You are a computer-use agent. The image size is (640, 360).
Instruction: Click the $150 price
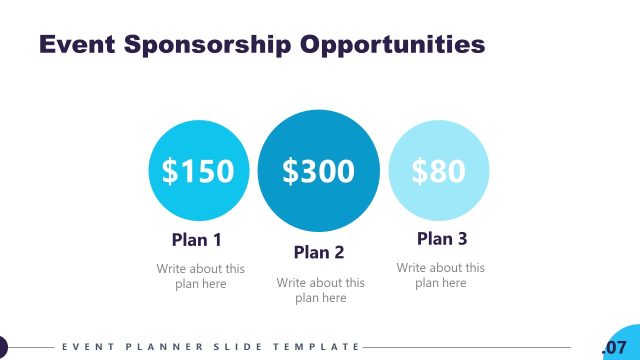pyautogui.click(x=198, y=171)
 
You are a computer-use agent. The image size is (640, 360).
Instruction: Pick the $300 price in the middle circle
pyautogui.click(x=319, y=171)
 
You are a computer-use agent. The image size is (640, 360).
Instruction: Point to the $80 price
pyautogui.click(x=439, y=171)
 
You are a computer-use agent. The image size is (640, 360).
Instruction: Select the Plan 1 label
pyautogui.click(x=196, y=240)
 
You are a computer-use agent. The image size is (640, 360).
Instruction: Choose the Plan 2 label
pyautogui.click(x=319, y=252)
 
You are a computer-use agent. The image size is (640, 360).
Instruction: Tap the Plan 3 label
pyautogui.click(x=441, y=239)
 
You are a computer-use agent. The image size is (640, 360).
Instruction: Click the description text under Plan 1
pyautogui.click(x=200, y=276)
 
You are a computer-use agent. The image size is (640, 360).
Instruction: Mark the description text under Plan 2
pyautogui.click(x=320, y=290)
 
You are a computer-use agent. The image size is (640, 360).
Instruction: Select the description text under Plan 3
pyautogui.click(x=440, y=275)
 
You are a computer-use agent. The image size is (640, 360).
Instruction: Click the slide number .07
pyautogui.click(x=613, y=347)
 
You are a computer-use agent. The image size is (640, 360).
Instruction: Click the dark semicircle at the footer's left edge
pyautogui.click(x=3, y=347)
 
